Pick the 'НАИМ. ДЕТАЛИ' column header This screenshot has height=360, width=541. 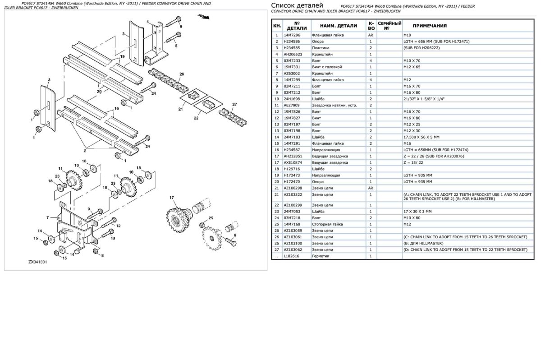click(337, 26)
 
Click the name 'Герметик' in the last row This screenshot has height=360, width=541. click(321, 256)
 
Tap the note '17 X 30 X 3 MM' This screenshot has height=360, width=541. click(417, 211)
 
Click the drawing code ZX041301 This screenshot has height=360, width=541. click(38, 262)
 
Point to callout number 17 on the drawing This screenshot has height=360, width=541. click(171, 198)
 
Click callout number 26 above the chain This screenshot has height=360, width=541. click(181, 74)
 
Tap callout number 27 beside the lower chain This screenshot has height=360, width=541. click(234, 105)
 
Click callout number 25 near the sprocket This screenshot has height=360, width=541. click(210, 219)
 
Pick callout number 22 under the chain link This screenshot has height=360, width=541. click(196, 118)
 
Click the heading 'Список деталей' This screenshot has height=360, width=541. click(298, 5)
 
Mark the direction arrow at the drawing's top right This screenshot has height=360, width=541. click(204, 18)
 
